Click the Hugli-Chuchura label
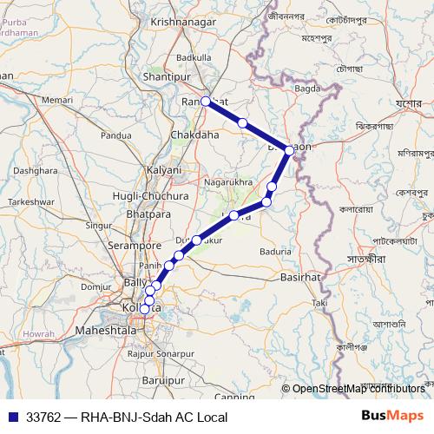(x=147, y=196)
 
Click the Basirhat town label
(x=301, y=278)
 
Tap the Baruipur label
(x=164, y=380)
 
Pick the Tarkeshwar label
(x=32, y=201)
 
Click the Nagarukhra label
(x=227, y=182)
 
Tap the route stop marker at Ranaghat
(x=206, y=102)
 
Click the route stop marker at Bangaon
(x=289, y=149)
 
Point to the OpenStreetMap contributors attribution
(x=358, y=389)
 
